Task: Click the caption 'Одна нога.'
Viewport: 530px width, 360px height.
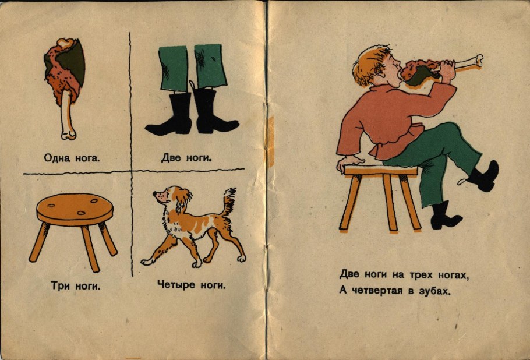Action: click(x=72, y=157)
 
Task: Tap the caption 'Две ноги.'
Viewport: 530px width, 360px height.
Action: click(x=186, y=157)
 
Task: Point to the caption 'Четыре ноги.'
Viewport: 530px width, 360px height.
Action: click(x=191, y=285)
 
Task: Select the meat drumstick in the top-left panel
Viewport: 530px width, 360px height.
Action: click(x=65, y=82)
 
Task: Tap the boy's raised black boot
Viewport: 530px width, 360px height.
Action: click(x=484, y=177)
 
